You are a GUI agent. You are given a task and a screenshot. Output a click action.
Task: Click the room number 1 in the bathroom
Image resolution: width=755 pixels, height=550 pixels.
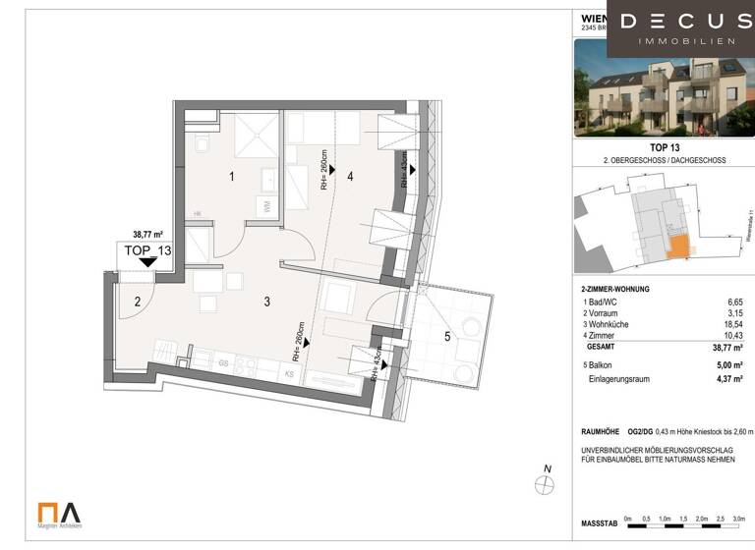pyautogui.click(x=231, y=178)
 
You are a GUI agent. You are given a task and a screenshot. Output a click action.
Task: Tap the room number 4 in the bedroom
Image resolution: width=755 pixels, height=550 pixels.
pyautogui.click(x=349, y=177)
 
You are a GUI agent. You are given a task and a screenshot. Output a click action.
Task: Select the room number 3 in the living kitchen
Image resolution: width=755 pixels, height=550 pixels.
pyautogui.click(x=266, y=302)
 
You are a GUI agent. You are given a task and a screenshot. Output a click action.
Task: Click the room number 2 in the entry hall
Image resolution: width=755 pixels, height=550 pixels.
pyautogui.click(x=139, y=302)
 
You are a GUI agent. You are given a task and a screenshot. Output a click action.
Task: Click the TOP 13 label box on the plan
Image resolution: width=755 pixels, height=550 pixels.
pyautogui.click(x=147, y=250)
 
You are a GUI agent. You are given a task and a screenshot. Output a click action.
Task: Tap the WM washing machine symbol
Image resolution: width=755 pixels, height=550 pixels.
pyautogui.click(x=265, y=206)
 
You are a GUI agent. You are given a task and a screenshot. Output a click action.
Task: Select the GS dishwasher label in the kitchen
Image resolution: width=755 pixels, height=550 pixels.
pyautogui.click(x=224, y=363)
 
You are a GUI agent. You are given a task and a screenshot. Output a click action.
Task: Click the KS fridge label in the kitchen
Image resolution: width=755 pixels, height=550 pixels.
pyautogui.click(x=289, y=374)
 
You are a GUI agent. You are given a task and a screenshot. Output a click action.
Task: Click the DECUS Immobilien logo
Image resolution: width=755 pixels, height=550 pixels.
pyautogui.click(x=680, y=28)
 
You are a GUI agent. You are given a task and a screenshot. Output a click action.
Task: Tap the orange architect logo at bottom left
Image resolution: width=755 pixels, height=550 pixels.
pyautogui.click(x=59, y=513)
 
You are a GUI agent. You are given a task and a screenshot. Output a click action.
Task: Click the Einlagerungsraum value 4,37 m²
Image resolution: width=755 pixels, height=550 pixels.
pyautogui.click(x=728, y=378)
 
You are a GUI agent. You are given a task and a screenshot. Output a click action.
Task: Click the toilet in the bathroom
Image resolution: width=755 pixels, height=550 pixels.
pyautogui.click(x=202, y=144)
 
